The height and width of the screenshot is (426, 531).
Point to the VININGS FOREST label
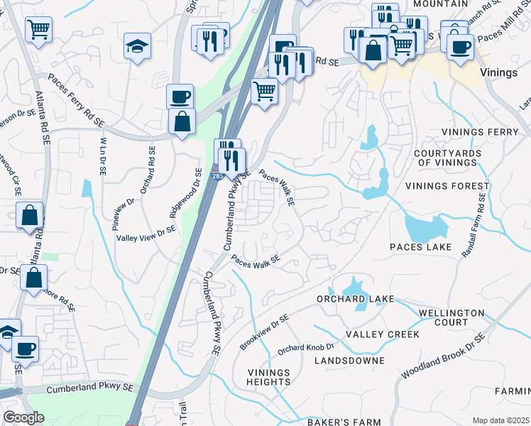tap(447, 187)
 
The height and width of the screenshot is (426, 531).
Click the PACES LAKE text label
tap(420, 247)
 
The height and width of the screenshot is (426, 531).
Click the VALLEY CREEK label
tap(382, 334)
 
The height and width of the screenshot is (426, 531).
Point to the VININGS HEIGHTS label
tap(269, 377)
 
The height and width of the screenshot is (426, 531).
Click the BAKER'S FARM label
tap(344, 422)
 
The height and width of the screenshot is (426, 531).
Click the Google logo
tap(23, 417)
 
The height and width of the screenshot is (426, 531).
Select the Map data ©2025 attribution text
tap(500, 420)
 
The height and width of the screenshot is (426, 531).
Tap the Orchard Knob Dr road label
tap(305, 349)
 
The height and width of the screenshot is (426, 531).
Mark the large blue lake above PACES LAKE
tap(425, 227)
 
